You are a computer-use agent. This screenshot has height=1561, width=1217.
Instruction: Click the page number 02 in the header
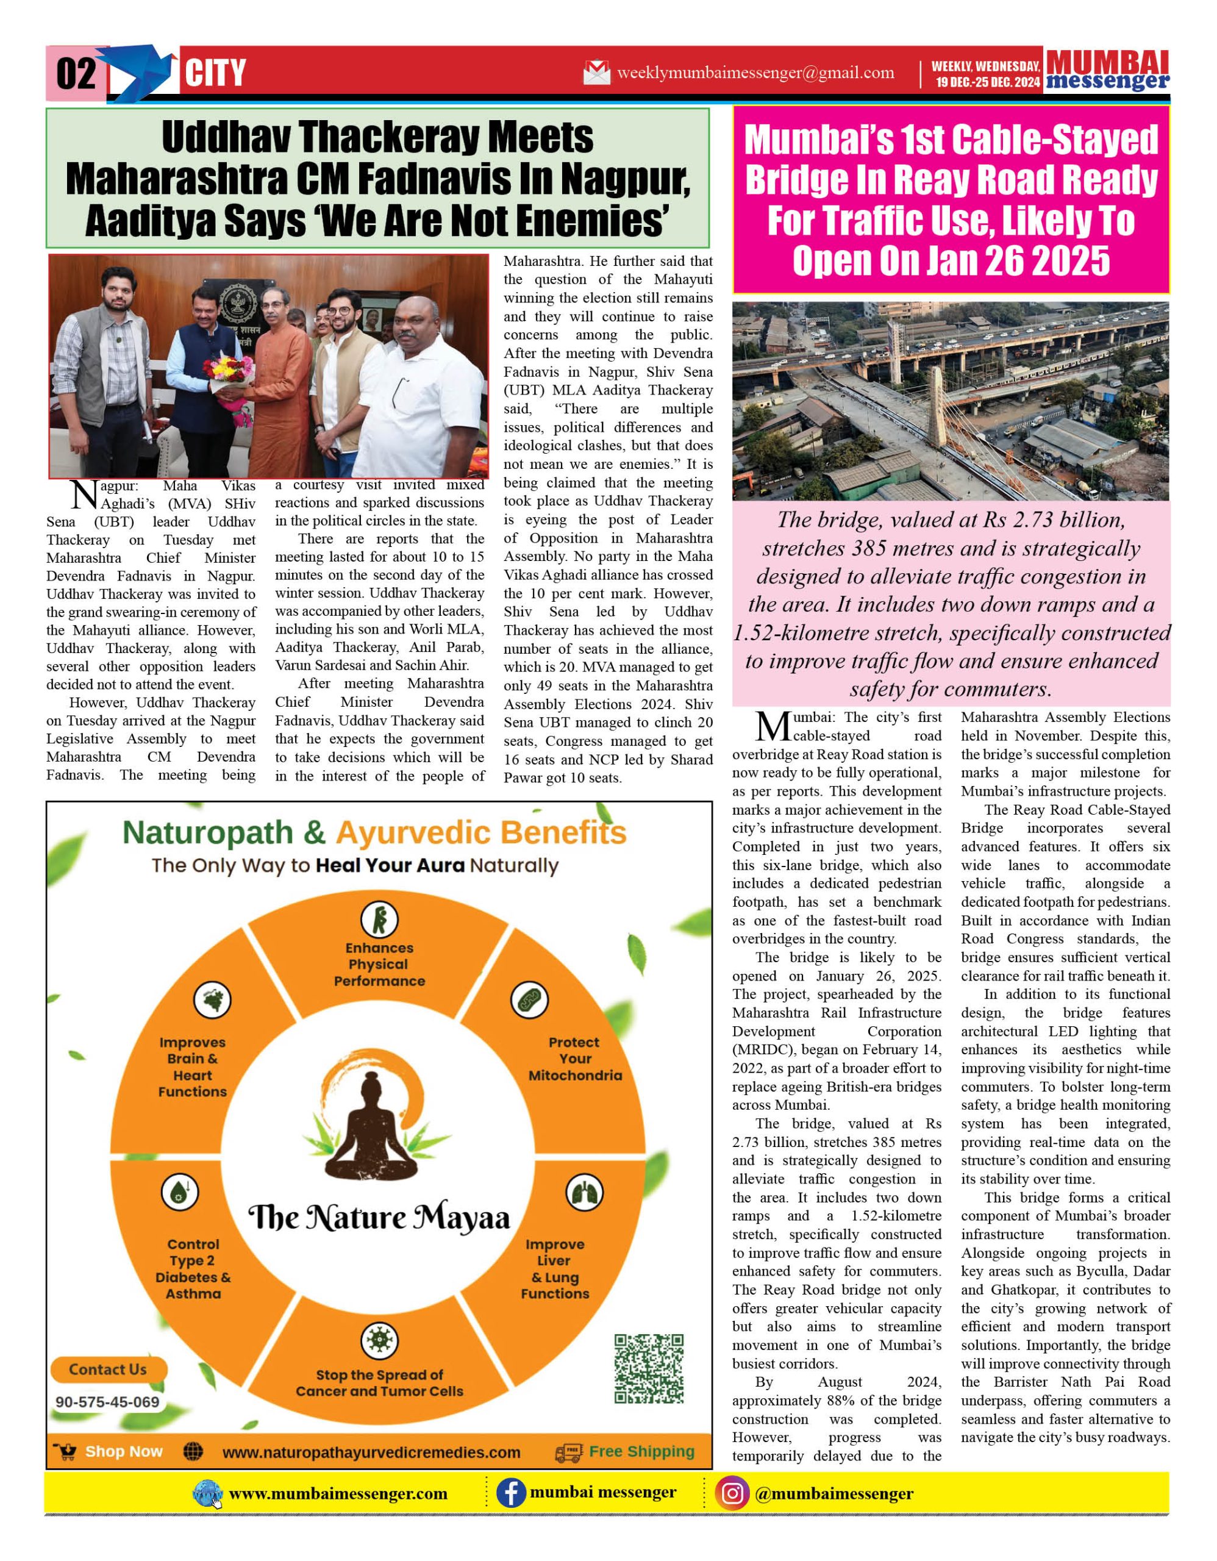[x=76, y=74]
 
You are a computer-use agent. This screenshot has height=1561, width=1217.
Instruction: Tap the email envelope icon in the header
[x=597, y=73]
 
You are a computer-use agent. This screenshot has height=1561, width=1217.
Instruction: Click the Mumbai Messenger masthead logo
[x=1107, y=70]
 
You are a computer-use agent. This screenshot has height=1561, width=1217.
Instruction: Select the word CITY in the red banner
[x=215, y=74]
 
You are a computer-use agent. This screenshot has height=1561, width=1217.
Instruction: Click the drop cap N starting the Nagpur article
[x=84, y=495]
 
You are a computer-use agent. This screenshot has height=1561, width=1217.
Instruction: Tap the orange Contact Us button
[x=108, y=1370]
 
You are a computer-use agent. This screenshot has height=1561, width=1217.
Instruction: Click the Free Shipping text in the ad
[x=641, y=1452]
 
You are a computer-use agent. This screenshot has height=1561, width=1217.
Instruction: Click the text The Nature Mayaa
[x=379, y=1218]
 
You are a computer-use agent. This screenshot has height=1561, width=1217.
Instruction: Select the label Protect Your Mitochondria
[x=575, y=1059]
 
